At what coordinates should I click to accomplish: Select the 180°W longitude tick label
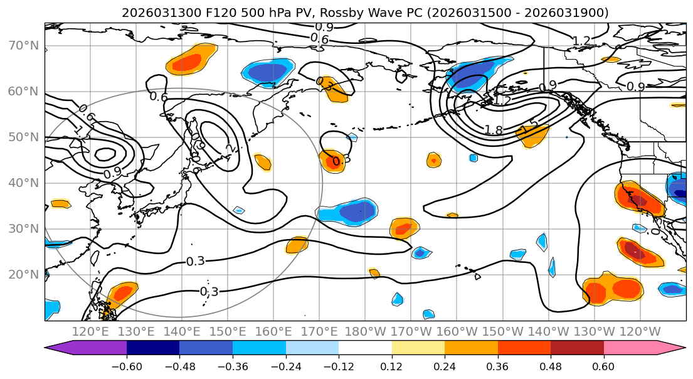(366, 331)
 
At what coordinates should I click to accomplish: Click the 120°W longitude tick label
(640, 331)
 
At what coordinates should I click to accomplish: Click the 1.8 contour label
(494, 130)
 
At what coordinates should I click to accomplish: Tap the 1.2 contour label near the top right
(581, 41)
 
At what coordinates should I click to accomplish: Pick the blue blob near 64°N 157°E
(268, 72)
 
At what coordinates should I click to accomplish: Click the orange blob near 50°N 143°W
(532, 134)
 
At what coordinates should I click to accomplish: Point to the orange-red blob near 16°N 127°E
(122, 294)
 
